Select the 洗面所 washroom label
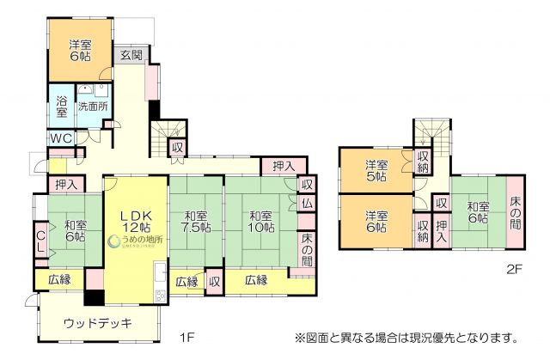[93, 107]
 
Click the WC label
[60, 138]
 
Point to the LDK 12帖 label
[135, 221]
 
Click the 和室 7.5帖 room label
[195, 222]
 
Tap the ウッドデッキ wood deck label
[98, 323]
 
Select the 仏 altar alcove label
[307, 203]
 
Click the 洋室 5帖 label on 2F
[375, 170]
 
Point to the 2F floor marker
[514, 268]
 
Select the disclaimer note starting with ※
[409, 335]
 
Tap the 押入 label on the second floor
[441, 230]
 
